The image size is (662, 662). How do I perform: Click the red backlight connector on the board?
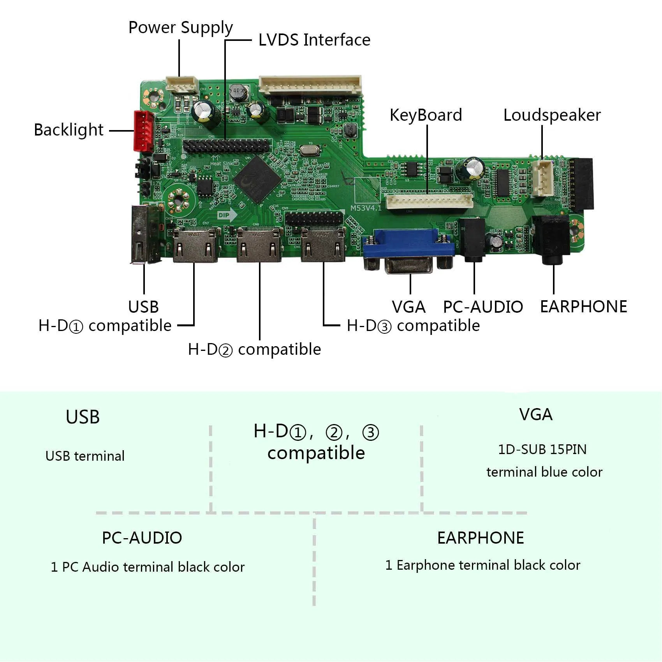[x=143, y=131]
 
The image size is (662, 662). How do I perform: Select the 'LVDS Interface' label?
[x=314, y=40]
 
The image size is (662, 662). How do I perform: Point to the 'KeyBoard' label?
[x=426, y=115]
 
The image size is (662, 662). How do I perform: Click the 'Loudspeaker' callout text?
[x=552, y=115]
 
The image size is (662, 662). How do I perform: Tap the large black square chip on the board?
[x=257, y=179]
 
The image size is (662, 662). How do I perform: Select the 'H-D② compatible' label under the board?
[x=254, y=349]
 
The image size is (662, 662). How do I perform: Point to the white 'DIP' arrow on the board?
[x=227, y=215]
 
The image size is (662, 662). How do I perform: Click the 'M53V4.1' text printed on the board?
[x=366, y=208]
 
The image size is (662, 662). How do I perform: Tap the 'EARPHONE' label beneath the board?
[x=583, y=307]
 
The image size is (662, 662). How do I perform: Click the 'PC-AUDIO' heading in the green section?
[x=142, y=538]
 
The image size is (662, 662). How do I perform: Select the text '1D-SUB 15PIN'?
[x=542, y=449]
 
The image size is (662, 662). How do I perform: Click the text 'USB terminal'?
[x=85, y=456]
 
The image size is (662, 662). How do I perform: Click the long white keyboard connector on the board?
[x=430, y=201]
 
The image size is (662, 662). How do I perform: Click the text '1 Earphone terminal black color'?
[x=482, y=565]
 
